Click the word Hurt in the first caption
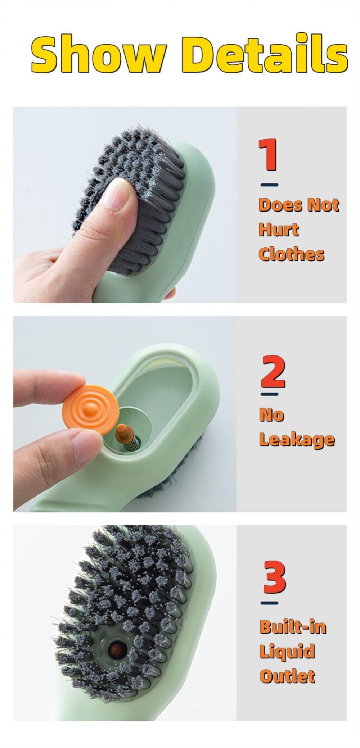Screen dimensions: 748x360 [x=279, y=230]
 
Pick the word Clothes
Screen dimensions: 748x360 [x=291, y=254]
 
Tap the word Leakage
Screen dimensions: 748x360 [x=297, y=440]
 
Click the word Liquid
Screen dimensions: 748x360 [x=287, y=651]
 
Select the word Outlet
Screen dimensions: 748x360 [x=287, y=676]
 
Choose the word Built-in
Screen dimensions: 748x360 [x=292, y=627]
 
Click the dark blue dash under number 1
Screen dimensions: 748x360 [x=269, y=185]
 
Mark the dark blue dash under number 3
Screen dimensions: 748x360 [x=269, y=603]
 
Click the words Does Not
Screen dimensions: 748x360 [x=298, y=205]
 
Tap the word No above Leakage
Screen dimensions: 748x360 [x=271, y=415]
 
